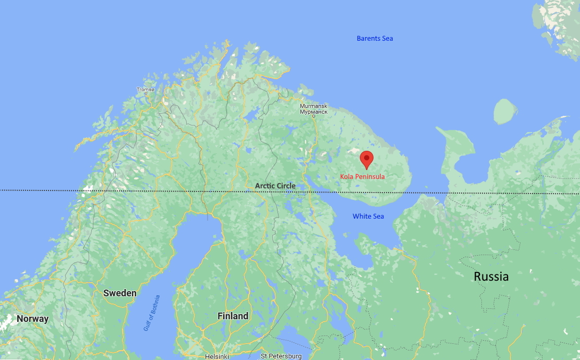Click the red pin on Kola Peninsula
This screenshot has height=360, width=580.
[x=367, y=159]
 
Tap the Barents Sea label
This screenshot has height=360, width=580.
[x=374, y=39]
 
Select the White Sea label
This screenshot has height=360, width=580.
[x=368, y=216]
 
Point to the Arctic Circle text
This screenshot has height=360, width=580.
[x=275, y=186]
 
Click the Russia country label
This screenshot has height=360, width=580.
[x=491, y=277]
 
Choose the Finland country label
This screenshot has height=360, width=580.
[x=233, y=316]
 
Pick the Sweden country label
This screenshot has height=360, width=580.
[x=119, y=293]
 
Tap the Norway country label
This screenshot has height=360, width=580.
[x=32, y=319]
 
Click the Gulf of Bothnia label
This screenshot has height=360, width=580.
[x=152, y=313]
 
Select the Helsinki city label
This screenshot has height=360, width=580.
[x=217, y=356]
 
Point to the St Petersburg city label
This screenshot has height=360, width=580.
[x=281, y=356]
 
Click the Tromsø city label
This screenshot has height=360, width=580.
[x=146, y=90]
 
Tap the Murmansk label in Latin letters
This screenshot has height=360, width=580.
[x=313, y=106]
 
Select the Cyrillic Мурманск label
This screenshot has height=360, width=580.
[x=313, y=112]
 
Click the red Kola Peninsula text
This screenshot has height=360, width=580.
[x=362, y=177]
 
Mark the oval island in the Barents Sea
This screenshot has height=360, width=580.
[x=505, y=112]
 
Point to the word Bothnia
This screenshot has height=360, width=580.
[x=155, y=306]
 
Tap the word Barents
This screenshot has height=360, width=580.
[x=367, y=39]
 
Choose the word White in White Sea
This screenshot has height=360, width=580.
[x=361, y=216]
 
